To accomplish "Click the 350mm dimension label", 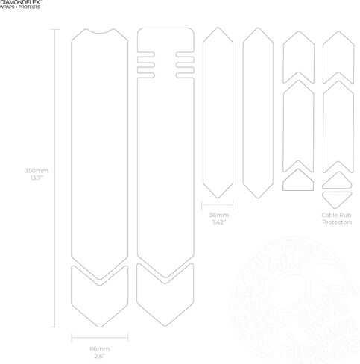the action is pyautogui.click(x=37, y=171).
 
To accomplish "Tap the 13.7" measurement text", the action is pyautogui.click(x=37, y=178).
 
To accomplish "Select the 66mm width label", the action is pyautogui.click(x=100, y=349).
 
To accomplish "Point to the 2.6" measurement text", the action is pyautogui.click(x=99, y=356).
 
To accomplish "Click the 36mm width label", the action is pyautogui.click(x=219, y=215).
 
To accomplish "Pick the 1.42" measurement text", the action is pyautogui.click(x=219, y=222).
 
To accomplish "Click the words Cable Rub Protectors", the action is pyautogui.click(x=337, y=219).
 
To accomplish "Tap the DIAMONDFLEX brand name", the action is pyautogui.click(x=21, y=2).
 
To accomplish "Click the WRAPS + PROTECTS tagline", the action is pyautogui.click(x=20, y=7).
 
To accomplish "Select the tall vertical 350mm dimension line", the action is pyautogui.click(x=54, y=178).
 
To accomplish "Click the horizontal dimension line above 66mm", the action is pyautogui.click(x=100, y=338).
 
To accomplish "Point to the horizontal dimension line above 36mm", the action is pyautogui.click(x=218, y=205).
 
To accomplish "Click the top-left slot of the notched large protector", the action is pyautogui.click(x=146, y=54).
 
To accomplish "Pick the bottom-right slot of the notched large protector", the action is pyautogui.click(x=185, y=75).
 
